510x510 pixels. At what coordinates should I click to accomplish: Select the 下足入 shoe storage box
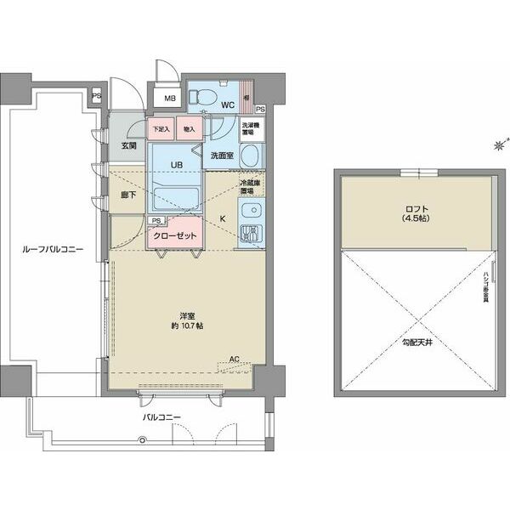[x=160, y=130]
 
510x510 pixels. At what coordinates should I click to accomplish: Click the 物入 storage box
[x=189, y=130]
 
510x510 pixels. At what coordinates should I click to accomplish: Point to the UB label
[x=176, y=164]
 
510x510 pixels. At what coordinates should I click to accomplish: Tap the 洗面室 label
[x=218, y=156]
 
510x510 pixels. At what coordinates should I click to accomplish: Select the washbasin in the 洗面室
[x=251, y=156]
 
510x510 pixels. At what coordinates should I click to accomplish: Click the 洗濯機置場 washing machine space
[x=252, y=129]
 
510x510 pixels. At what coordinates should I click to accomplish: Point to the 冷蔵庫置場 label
[x=249, y=187]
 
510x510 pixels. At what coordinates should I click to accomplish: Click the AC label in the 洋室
[x=235, y=359]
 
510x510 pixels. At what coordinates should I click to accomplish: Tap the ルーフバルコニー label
[x=54, y=251]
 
